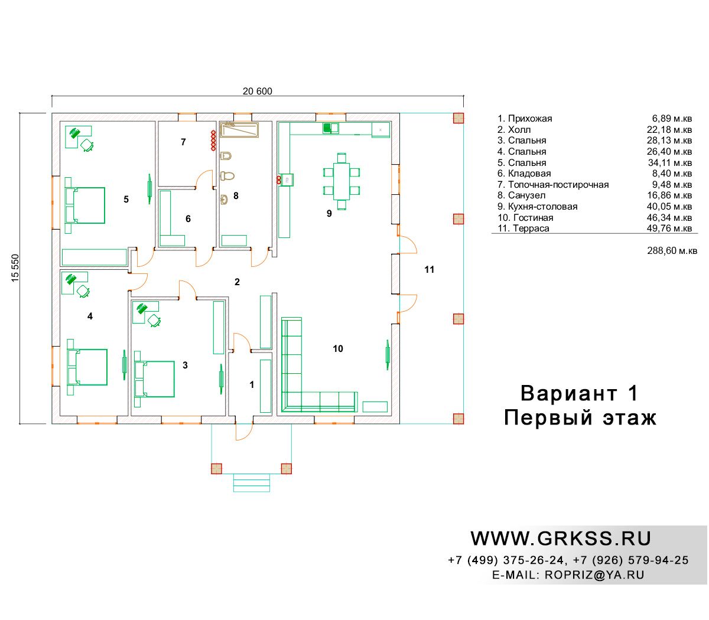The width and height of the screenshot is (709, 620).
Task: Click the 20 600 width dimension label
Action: (257, 91)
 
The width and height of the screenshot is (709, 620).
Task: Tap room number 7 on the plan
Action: (183, 142)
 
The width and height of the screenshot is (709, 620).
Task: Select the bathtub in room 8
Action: (239, 130)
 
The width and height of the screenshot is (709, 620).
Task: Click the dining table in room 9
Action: (342, 181)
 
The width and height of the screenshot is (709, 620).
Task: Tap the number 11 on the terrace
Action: (429, 269)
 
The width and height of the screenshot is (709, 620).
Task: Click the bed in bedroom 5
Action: (89, 205)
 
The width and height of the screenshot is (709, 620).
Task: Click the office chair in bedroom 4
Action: (83, 291)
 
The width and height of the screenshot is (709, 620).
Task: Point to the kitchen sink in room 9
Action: (331, 128)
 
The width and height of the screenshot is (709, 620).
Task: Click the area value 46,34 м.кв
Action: (669, 217)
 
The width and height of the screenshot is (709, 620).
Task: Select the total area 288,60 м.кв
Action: (672, 250)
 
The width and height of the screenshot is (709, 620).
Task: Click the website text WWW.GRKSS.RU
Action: (560, 539)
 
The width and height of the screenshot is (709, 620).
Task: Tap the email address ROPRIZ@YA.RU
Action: (594, 575)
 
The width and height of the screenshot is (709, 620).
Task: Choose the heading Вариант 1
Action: (579, 393)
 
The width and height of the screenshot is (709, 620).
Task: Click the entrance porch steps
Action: (252, 482)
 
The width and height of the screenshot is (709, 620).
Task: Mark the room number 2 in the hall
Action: (237, 282)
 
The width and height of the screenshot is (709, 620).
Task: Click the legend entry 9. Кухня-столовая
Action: (538, 207)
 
